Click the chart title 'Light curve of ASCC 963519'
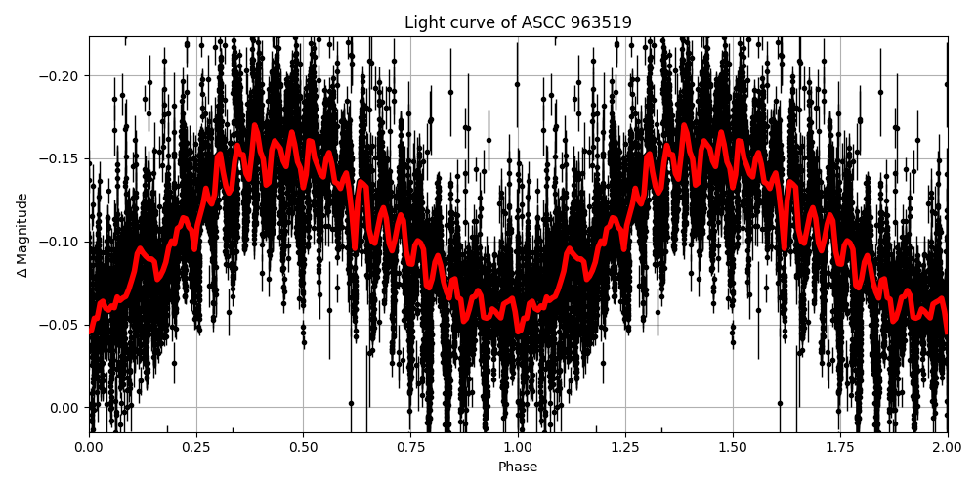(x=518, y=22)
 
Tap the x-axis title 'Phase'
(x=518, y=467)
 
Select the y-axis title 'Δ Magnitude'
(x=22, y=235)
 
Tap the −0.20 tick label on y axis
(x=61, y=76)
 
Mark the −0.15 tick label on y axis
(x=61, y=159)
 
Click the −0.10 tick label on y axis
(x=61, y=242)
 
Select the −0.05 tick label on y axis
(x=61, y=325)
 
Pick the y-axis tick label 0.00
(x=65, y=408)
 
